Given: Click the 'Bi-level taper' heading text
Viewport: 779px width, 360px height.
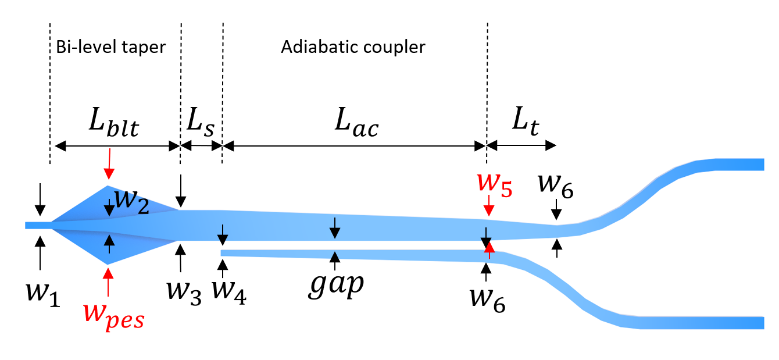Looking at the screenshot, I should pyautogui.click(x=111, y=47).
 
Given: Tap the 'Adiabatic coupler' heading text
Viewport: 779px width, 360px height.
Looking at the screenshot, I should pyautogui.click(x=353, y=47).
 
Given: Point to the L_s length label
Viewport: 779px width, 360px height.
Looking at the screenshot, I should pyautogui.click(x=200, y=123).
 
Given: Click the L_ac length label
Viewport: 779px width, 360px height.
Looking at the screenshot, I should pyautogui.click(x=356, y=123).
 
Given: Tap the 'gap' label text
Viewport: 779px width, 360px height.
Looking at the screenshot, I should pyautogui.click(x=335, y=286).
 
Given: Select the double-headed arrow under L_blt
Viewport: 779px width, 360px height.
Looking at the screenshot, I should pyautogui.click(x=116, y=145).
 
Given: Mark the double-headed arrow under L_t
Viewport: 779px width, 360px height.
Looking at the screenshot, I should pyautogui.click(x=521, y=145).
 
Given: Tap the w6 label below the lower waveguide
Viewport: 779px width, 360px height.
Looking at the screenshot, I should pyautogui.click(x=488, y=299).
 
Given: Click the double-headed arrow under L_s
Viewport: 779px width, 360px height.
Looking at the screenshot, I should pyautogui.click(x=201, y=145).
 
